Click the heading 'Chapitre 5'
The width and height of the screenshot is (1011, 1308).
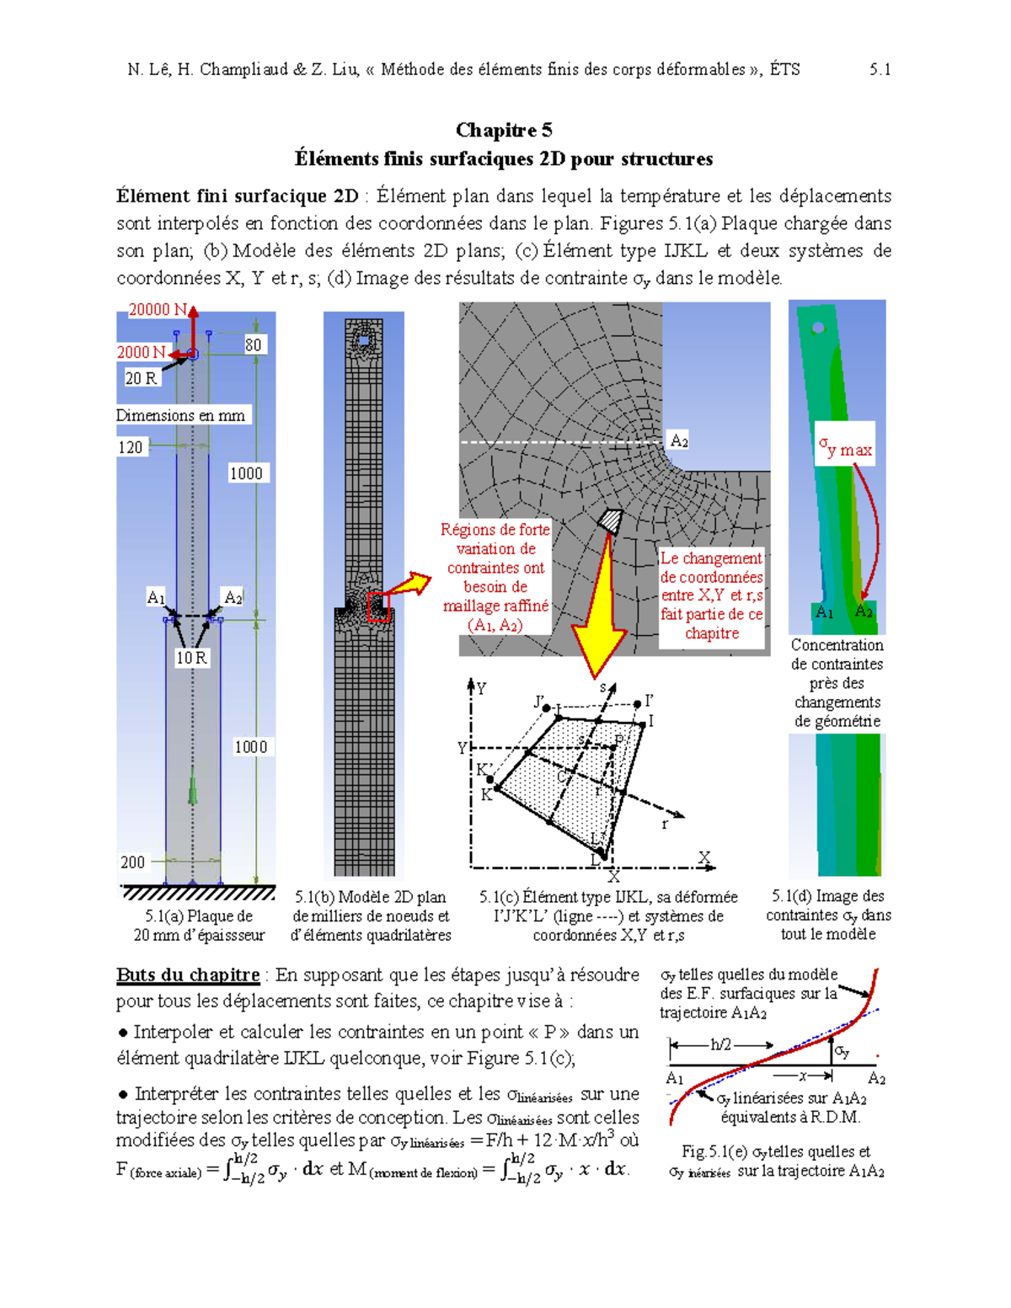[504, 130]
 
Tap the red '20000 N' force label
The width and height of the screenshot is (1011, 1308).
[157, 310]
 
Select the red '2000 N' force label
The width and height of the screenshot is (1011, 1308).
[141, 352]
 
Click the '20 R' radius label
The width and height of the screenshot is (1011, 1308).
[141, 378]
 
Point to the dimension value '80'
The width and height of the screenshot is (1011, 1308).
[253, 344]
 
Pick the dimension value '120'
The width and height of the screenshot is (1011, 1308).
[131, 447]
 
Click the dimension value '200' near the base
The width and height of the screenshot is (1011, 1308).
[133, 862]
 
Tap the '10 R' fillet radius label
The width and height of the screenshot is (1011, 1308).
[191, 658]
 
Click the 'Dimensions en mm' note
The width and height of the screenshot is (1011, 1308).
[180, 415]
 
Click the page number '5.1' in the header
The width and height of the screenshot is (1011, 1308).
[880, 69]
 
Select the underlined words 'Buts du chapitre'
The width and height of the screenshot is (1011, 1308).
[188, 975]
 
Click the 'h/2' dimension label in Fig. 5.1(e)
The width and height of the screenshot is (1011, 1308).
[721, 1044]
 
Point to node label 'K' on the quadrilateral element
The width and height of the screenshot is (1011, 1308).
[486, 794]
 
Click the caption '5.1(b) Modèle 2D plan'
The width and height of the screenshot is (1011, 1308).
[371, 897]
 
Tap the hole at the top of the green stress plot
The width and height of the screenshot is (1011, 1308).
[817, 327]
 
